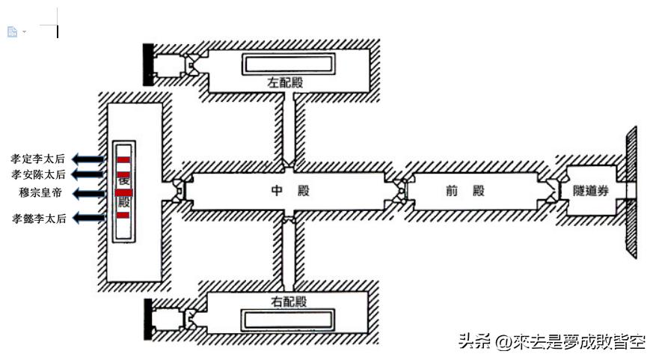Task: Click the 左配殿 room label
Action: [285, 82]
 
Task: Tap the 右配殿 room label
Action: [287, 302]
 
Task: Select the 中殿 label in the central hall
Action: [288, 191]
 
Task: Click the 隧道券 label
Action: [591, 191]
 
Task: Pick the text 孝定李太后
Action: [38, 159]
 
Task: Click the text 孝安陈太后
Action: [38, 174]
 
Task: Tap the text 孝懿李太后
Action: [38, 219]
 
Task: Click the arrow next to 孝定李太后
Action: [88, 159]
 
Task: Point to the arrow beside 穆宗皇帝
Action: [88, 193]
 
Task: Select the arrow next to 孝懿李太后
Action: [88, 218]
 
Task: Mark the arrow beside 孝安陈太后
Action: [88, 174]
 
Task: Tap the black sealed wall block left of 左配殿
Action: [149, 64]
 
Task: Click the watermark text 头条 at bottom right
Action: [473, 342]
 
